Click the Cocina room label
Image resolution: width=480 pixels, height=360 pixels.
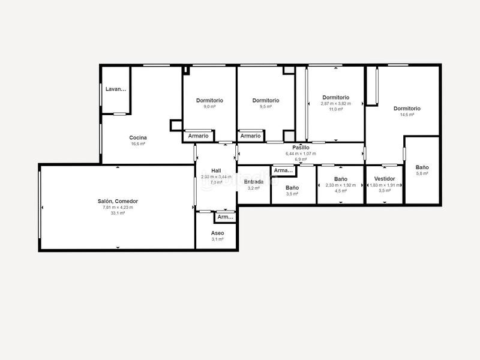pos(138,137)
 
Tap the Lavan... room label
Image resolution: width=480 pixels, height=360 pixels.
pos(116,89)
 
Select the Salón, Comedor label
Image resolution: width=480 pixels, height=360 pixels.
pos(118,201)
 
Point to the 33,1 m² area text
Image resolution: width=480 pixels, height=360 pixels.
pos(118,213)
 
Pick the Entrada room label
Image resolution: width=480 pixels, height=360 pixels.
pos(254,182)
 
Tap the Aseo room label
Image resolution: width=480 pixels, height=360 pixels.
pos(217,233)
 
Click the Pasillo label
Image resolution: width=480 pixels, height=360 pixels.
pos(301,147)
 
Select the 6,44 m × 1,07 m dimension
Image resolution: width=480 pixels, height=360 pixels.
pos(301,153)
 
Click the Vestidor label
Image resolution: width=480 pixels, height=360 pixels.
pos(384,179)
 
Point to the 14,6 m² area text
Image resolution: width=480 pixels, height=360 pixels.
pos(407,115)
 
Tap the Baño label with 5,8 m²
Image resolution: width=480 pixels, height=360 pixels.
pos(422,167)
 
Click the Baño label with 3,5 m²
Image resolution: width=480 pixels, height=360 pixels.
pos(292,188)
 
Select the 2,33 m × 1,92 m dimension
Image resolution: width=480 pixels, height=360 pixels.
pos(341,185)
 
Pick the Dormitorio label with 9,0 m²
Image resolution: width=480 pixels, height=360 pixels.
pos(209,100)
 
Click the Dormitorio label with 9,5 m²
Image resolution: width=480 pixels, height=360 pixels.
pos(265,100)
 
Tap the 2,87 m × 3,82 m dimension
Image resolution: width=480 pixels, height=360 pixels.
pos(335,103)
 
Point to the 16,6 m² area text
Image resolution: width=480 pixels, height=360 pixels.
pos(138,144)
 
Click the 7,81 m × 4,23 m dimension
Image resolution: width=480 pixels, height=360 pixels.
pos(118,207)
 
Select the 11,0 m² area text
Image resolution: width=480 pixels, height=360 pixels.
pos(335,109)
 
